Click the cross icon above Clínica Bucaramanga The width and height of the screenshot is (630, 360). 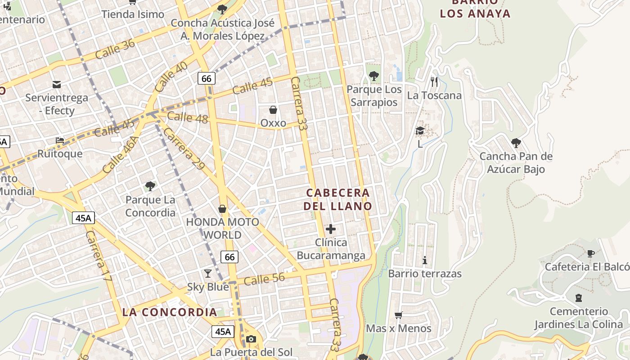[331, 229]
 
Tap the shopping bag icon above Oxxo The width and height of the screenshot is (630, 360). [273, 110]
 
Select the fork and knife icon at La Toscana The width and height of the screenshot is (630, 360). [434, 81]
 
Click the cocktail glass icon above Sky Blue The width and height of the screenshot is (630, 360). [207, 273]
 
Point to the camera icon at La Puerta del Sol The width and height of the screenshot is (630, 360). [251, 339]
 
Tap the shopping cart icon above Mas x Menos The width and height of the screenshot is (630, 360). [398, 315]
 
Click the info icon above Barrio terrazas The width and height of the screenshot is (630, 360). [424, 260]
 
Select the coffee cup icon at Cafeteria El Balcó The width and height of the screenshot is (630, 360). [591, 254]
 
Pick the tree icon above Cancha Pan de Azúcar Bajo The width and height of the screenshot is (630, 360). [516, 143]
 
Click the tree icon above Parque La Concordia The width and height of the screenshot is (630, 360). [150, 186]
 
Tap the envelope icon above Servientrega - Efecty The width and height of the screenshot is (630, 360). [57, 84]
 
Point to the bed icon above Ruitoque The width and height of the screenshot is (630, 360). [60, 140]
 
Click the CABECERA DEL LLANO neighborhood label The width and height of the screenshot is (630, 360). [338, 199]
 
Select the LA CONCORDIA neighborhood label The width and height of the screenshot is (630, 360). [170, 312]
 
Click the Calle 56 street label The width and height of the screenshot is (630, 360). [264, 279]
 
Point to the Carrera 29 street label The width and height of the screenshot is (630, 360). [184, 149]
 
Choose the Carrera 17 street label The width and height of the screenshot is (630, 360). [99, 256]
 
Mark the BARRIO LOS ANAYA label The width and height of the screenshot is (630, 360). [475, 9]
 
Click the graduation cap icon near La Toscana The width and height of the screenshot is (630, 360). [420, 130]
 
